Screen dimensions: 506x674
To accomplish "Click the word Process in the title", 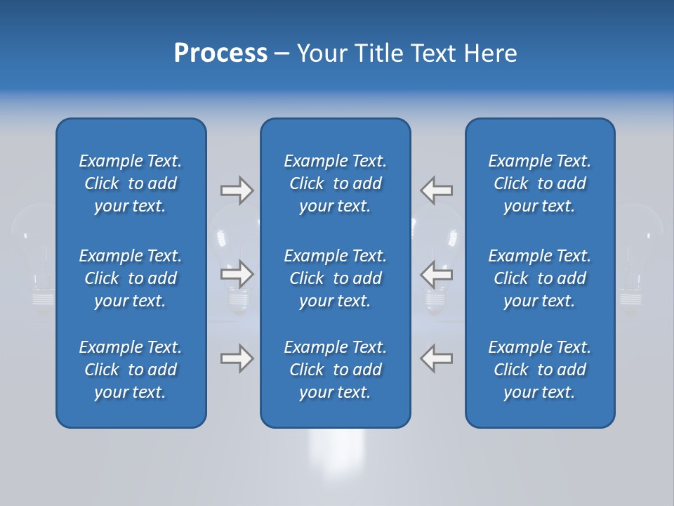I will click(x=220, y=53).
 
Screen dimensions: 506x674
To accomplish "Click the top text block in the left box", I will click(x=131, y=183).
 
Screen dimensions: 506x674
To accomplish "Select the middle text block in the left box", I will click(x=131, y=278).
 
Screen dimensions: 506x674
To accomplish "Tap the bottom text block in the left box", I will click(x=131, y=370).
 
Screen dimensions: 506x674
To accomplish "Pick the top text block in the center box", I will click(x=335, y=183).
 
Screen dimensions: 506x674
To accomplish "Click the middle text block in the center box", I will click(x=335, y=278).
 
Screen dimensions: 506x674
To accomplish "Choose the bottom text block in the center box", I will click(x=335, y=370).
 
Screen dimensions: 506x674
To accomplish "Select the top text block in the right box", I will click(x=539, y=183).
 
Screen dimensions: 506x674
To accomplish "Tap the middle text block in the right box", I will click(x=539, y=278).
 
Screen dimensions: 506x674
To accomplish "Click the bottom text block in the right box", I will click(x=539, y=370).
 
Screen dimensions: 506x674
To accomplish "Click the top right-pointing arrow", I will click(x=237, y=190).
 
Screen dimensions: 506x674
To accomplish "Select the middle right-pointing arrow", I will click(x=237, y=273).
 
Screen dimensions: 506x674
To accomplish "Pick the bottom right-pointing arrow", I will click(x=237, y=358).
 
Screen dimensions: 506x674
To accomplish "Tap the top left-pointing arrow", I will click(x=437, y=190).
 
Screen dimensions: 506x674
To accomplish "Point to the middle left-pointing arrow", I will click(x=437, y=273).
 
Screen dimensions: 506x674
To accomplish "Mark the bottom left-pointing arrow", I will click(x=437, y=358).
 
